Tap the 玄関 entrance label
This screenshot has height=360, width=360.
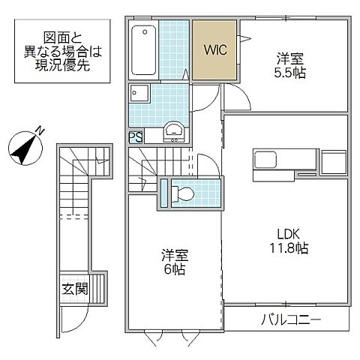pos(75,288)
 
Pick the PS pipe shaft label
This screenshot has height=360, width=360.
pos(135,137)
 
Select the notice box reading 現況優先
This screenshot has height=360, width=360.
pos(61,52)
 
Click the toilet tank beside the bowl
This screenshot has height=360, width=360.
pos(166,193)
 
